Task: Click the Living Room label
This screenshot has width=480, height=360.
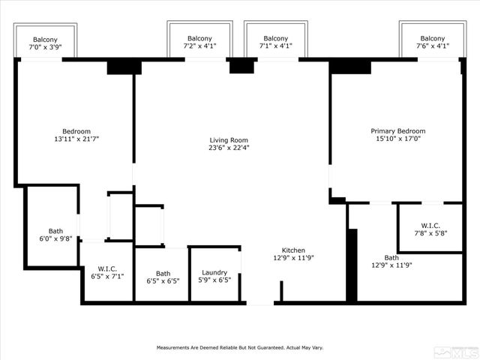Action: (229, 140)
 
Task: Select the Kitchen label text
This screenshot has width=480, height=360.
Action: (293, 250)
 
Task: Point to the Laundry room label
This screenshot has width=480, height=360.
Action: (214, 273)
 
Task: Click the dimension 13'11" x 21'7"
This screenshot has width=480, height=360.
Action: (76, 139)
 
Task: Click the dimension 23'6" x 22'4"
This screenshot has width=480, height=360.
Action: (229, 148)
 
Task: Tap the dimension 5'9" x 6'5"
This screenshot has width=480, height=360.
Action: (214, 280)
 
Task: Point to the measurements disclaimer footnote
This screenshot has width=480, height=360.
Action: (239, 348)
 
